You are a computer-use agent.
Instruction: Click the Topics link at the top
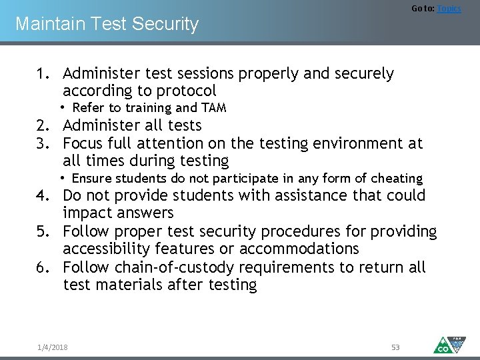(x=449, y=9)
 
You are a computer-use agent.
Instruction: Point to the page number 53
(x=395, y=347)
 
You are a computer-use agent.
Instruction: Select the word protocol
(x=185, y=91)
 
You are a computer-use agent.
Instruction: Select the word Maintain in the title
(x=43, y=24)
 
